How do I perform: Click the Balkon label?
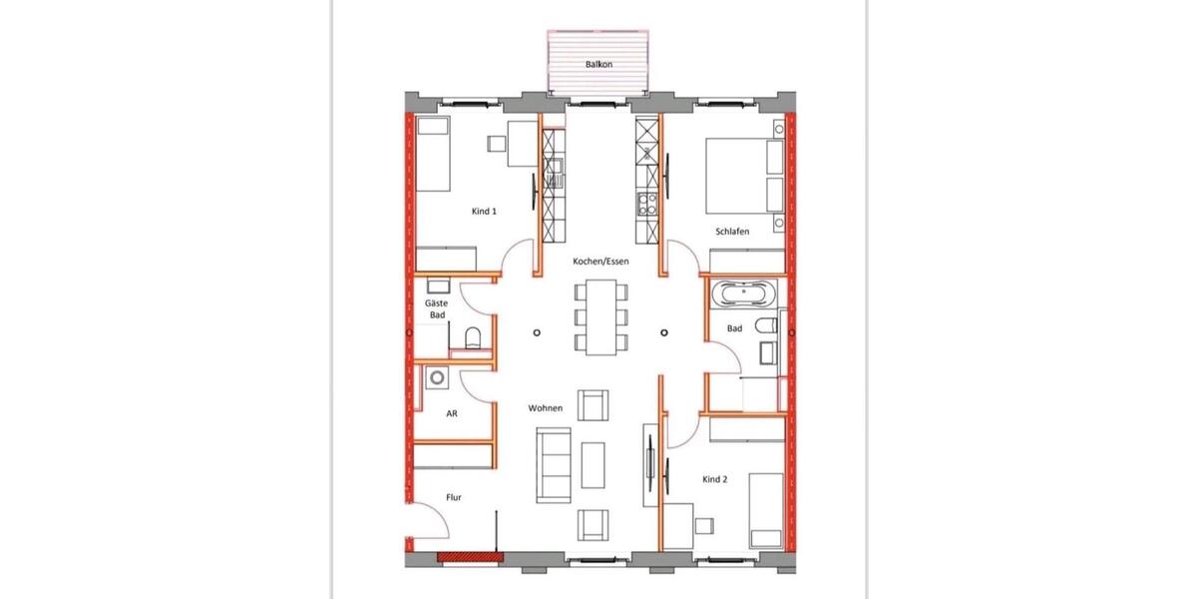click(x=599, y=64)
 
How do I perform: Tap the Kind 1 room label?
click(x=484, y=211)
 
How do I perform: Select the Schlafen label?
click(x=732, y=232)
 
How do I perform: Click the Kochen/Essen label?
click(x=599, y=262)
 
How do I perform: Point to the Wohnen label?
click(x=546, y=407)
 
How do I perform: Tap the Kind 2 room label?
click(x=715, y=479)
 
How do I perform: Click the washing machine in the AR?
click(x=436, y=377)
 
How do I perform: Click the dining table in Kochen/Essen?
click(x=600, y=316)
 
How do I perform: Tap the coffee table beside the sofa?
click(x=594, y=465)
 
